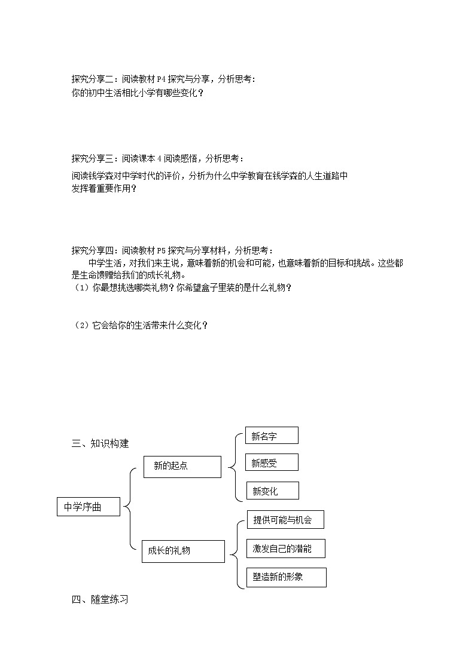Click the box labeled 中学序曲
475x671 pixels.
89,507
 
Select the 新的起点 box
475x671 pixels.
182,466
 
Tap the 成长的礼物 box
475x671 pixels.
183,551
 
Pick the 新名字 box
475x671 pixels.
272,436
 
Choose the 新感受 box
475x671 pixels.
272,462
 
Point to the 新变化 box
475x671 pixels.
272,491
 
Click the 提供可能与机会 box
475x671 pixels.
285,519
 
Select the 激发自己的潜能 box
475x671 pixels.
285,548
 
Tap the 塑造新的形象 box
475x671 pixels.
286,577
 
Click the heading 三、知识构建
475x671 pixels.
100,443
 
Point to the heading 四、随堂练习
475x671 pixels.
100,599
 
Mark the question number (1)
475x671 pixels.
81,288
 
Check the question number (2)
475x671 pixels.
81,325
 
